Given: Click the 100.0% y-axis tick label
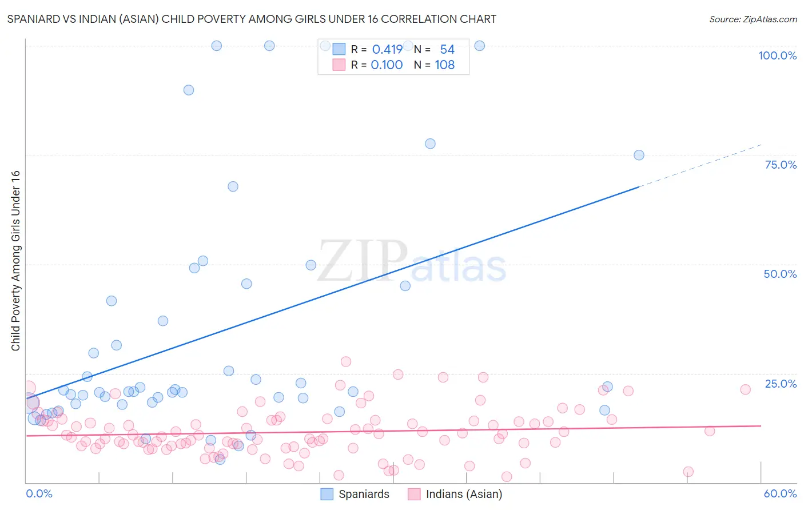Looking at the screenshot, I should click(777, 55).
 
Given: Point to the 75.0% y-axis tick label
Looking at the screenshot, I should click(781, 165).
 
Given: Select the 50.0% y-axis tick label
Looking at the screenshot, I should click(780, 274).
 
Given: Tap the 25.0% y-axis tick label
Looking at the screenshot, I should click(781, 384).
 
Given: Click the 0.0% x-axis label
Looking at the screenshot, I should click(39, 493).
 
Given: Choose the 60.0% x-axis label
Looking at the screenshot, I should click(780, 493).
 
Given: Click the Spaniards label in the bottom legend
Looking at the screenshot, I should click(364, 494).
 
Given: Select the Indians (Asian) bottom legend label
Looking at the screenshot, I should click(464, 494).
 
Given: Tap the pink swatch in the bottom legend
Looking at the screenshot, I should click(414, 494).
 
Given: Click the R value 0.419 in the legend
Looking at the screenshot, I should click(387, 49).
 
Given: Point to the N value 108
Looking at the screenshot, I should click(444, 65).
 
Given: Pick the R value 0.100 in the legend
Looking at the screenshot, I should click(387, 65).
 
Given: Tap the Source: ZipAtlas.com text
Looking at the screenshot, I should click(753, 19).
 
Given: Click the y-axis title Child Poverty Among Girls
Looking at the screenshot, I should click(15, 261).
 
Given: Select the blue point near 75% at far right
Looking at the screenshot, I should click(639, 155).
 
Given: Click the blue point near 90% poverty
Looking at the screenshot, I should click(188, 90).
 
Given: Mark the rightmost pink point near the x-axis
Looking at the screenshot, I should click(688, 472).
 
